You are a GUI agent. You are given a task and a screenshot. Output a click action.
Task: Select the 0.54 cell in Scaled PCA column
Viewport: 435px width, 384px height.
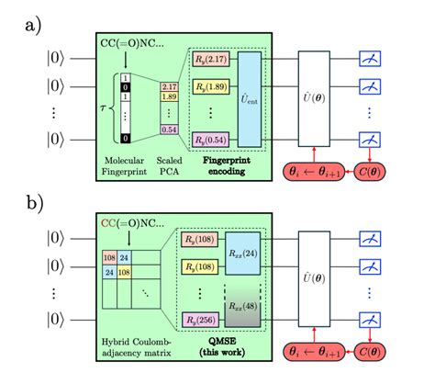(168, 130)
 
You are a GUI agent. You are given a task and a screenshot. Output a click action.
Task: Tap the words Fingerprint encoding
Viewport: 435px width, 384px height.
(221, 165)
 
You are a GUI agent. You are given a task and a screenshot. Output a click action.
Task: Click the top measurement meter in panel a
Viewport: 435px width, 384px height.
(371, 59)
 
